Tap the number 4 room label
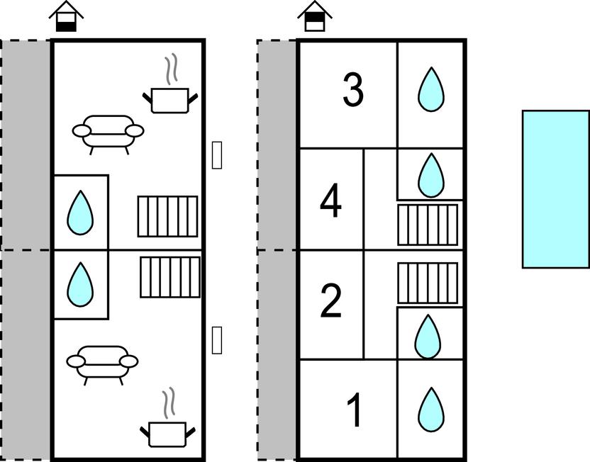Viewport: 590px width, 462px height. pyautogui.click(x=330, y=202)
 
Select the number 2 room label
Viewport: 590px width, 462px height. pyautogui.click(x=331, y=302)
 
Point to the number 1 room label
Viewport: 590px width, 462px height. pyautogui.click(x=355, y=410)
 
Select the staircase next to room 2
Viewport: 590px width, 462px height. pyautogui.click(x=428, y=283)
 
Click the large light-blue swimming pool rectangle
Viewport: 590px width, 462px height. pyautogui.click(x=555, y=189)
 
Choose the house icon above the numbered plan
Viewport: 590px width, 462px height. pyautogui.click(x=315, y=16)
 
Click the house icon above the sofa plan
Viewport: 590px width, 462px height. pyautogui.click(x=67, y=16)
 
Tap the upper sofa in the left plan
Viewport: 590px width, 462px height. pyautogui.click(x=108, y=132)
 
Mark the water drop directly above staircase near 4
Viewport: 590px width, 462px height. pyautogui.click(x=430, y=175)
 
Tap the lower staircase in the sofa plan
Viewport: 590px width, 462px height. pyautogui.click(x=170, y=277)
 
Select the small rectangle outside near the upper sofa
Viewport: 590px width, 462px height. pyautogui.click(x=217, y=154)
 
